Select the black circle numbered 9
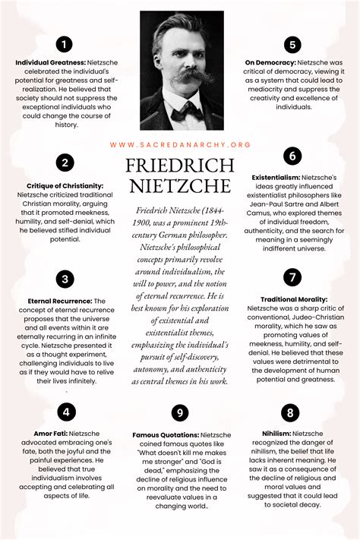click(x=179, y=412)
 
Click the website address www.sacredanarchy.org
click(x=179, y=144)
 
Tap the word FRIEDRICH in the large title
click(x=179, y=166)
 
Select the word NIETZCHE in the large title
click(x=179, y=186)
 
